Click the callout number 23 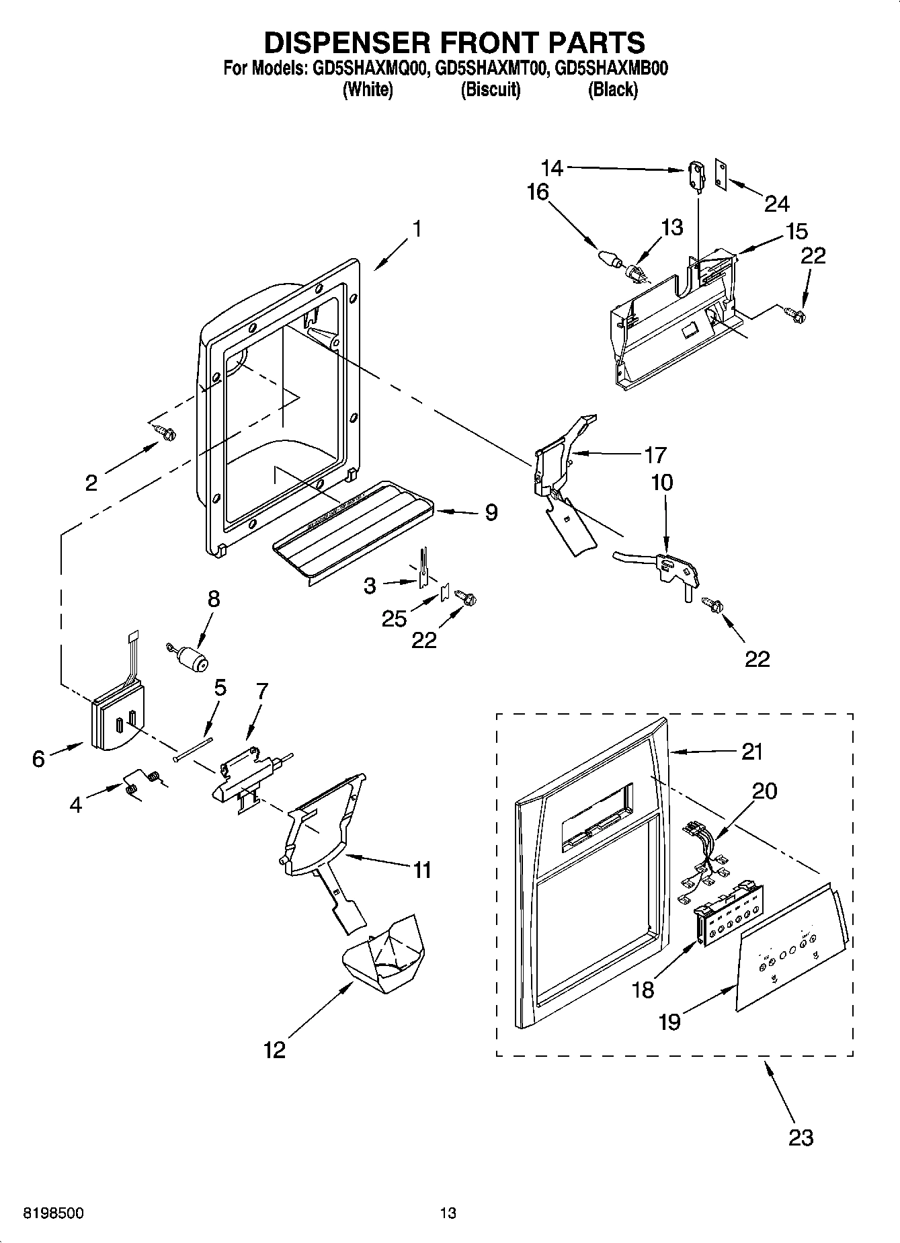click(801, 1137)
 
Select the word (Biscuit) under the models click(490, 89)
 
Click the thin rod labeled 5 click(192, 750)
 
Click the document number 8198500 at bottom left click(53, 1213)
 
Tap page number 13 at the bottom click(448, 1213)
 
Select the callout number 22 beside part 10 click(757, 659)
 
